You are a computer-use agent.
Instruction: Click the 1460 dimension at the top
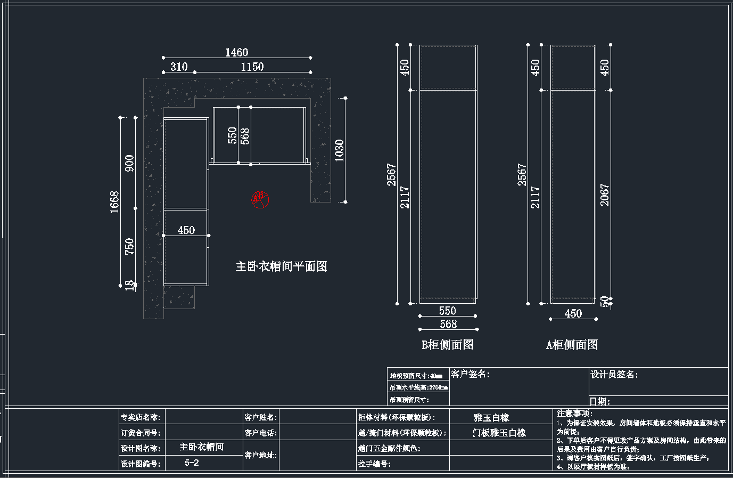(236, 52)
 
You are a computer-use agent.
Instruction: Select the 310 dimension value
(179, 67)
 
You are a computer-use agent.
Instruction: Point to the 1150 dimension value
(252, 67)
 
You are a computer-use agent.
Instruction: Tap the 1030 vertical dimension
(340, 150)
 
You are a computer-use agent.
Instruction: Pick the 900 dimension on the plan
(129, 163)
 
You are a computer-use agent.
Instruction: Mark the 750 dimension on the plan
(129, 246)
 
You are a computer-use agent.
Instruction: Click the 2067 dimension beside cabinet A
(605, 195)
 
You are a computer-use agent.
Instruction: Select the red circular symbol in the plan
(260, 200)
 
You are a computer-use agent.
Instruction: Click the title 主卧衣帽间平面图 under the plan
(281, 266)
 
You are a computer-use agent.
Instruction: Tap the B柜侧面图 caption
(448, 345)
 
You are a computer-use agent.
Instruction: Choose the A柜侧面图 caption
(572, 345)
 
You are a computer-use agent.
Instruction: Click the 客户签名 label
(470, 374)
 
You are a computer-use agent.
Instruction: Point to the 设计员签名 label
(614, 375)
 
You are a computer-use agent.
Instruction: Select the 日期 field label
(600, 401)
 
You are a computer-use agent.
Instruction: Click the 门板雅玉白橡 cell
(499, 433)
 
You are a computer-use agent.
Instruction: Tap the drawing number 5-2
(192, 463)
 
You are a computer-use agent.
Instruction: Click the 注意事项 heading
(574, 413)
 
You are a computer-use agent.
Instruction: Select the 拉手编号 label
(375, 464)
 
